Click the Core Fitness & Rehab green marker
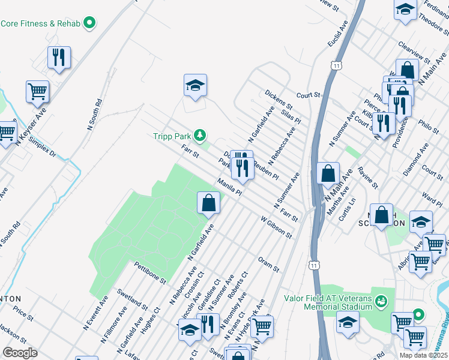coord(90,23)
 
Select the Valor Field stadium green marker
coord(380,299)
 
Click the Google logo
coord(20,353)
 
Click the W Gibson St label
coord(276,227)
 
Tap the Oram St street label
coord(268,265)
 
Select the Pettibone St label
coord(149,272)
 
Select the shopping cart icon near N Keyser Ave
coord(37,91)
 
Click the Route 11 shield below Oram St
coord(312,265)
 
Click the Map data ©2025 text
coord(423,355)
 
